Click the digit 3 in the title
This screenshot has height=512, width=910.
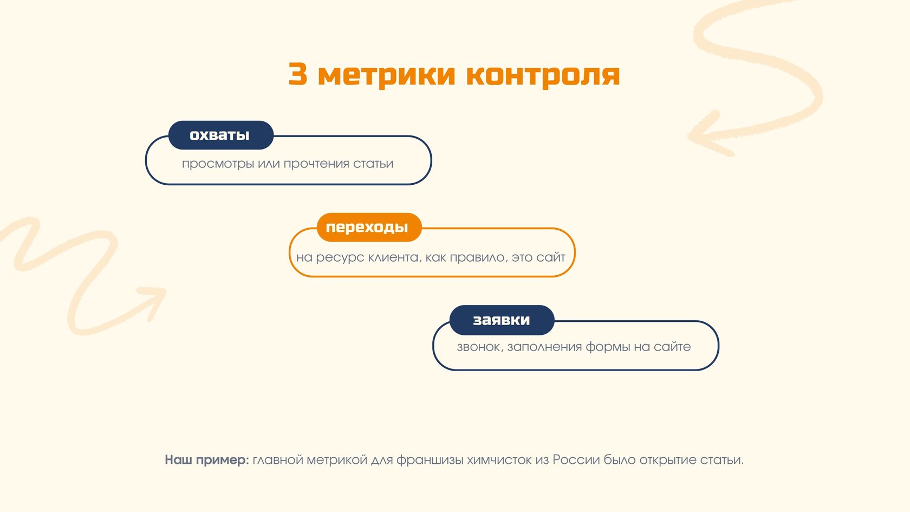coord(297,74)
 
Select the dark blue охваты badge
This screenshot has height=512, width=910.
coord(220,135)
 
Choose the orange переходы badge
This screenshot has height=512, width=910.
coord(369,227)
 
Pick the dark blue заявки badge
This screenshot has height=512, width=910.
coord(502,320)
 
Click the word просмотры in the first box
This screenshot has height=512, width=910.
coord(218,164)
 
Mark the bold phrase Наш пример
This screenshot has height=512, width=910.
coord(207,460)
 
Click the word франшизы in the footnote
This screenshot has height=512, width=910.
coord(430,460)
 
